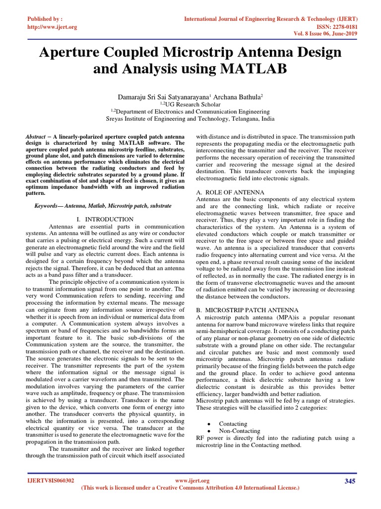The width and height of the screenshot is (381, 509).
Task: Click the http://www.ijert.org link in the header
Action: point(52,27)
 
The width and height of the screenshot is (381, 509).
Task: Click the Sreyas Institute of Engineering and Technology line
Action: point(190,120)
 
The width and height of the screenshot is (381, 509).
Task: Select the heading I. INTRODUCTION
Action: point(105,219)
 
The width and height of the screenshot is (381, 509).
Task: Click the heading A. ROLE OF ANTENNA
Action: point(230,192)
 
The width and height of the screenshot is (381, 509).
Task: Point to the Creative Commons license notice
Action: point(190,488)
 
